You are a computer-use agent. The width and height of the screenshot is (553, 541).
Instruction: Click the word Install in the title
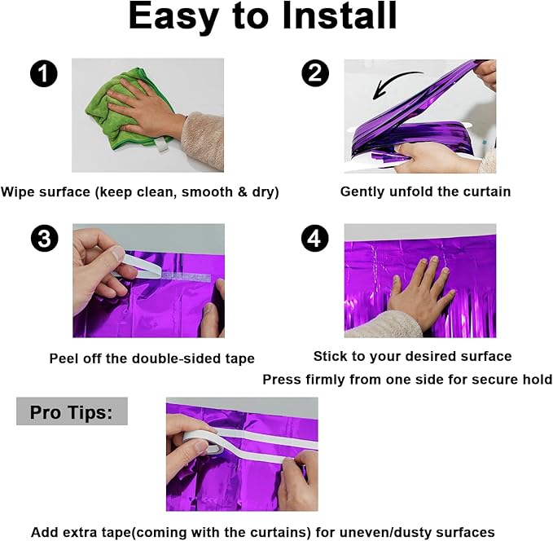coord(340,15)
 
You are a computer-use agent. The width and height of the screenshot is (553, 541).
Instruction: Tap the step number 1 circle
coord(44,73)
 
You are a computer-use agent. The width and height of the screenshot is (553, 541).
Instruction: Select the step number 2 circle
coord(315,73)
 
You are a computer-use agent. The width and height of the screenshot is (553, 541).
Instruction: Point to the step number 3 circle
coord(45,238)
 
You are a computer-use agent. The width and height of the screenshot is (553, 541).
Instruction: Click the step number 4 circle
coord(315,238)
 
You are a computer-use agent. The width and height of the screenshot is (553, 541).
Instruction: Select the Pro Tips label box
coord(72,411)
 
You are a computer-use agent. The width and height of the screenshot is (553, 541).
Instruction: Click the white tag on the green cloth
coord(162,146)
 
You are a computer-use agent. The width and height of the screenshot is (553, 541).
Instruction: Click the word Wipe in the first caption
coord(17,192)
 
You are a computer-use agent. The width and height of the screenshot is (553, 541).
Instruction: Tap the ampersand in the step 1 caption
coord(242,192)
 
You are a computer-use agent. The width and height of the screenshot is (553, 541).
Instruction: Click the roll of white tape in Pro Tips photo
coord(203,442)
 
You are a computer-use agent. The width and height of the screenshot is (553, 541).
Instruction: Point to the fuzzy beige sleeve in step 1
coord(203,140)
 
